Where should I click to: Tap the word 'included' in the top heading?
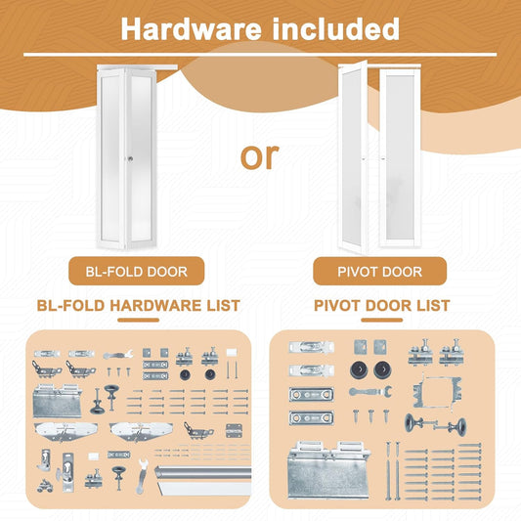[334, 28]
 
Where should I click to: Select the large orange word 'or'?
[259, 155]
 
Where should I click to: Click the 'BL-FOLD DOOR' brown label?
[136, 271]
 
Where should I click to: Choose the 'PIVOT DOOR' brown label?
[380, 271]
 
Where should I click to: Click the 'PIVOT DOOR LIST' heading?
[381, 306]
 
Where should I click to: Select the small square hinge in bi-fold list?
[235, 430]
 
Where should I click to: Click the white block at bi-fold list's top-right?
[233, 350]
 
